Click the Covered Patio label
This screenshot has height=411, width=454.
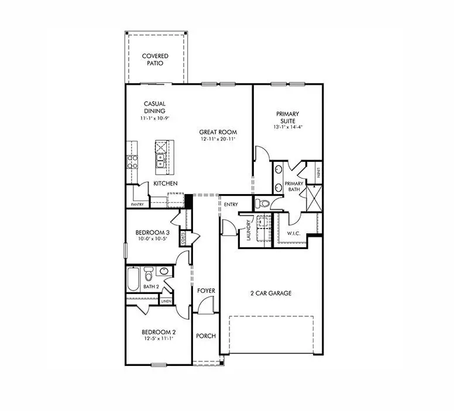[x=154, y=60]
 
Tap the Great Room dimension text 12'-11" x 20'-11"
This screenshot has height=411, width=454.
[x=217, y=139]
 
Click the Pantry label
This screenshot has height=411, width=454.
[x=137, y=205]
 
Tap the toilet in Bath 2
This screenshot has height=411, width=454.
[x=149, y=274]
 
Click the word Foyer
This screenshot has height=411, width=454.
[x=205, y=290]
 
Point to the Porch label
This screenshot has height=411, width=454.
[x=206, y=336]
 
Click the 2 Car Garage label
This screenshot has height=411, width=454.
[x=271, y=293]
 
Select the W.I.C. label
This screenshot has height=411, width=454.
[x=293, y=233]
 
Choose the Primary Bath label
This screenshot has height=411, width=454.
[x=294, y=186]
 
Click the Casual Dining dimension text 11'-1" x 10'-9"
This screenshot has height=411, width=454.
[x=154, y=119]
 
